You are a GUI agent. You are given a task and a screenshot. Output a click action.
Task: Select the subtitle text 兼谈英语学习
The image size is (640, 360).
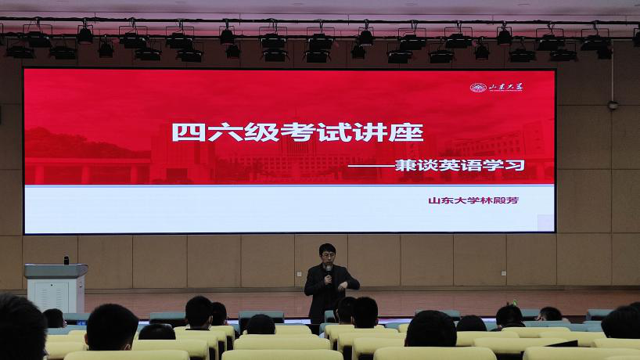click(x=460, y=165)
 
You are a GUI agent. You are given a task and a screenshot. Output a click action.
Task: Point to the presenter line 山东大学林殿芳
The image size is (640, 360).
click(x=473, y=200)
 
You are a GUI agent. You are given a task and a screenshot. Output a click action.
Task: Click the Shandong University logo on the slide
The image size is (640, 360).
click(x=496, y=88)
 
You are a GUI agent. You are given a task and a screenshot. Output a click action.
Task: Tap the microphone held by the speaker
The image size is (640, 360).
click(x=328, y=272)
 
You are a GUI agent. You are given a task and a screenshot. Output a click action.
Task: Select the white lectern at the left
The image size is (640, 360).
click(x=56, y=288)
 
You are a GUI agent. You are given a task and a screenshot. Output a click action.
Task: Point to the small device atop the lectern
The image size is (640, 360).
click(x=67, y=261)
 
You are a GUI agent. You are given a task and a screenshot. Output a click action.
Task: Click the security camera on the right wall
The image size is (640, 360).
click(x=613, y=106)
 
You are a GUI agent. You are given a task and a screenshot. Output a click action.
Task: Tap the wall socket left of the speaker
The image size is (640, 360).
click(x=298, y=274)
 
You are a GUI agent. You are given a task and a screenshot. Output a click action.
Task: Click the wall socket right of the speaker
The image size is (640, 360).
click(x=504, y=273)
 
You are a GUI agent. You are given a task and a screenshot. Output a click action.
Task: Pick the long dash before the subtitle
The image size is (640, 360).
click(x=371, y=166)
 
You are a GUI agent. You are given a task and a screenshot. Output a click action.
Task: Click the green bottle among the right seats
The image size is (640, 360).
click(x=515, y=304)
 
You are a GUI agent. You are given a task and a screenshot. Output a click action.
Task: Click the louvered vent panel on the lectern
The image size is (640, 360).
click(x=52, y=296)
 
